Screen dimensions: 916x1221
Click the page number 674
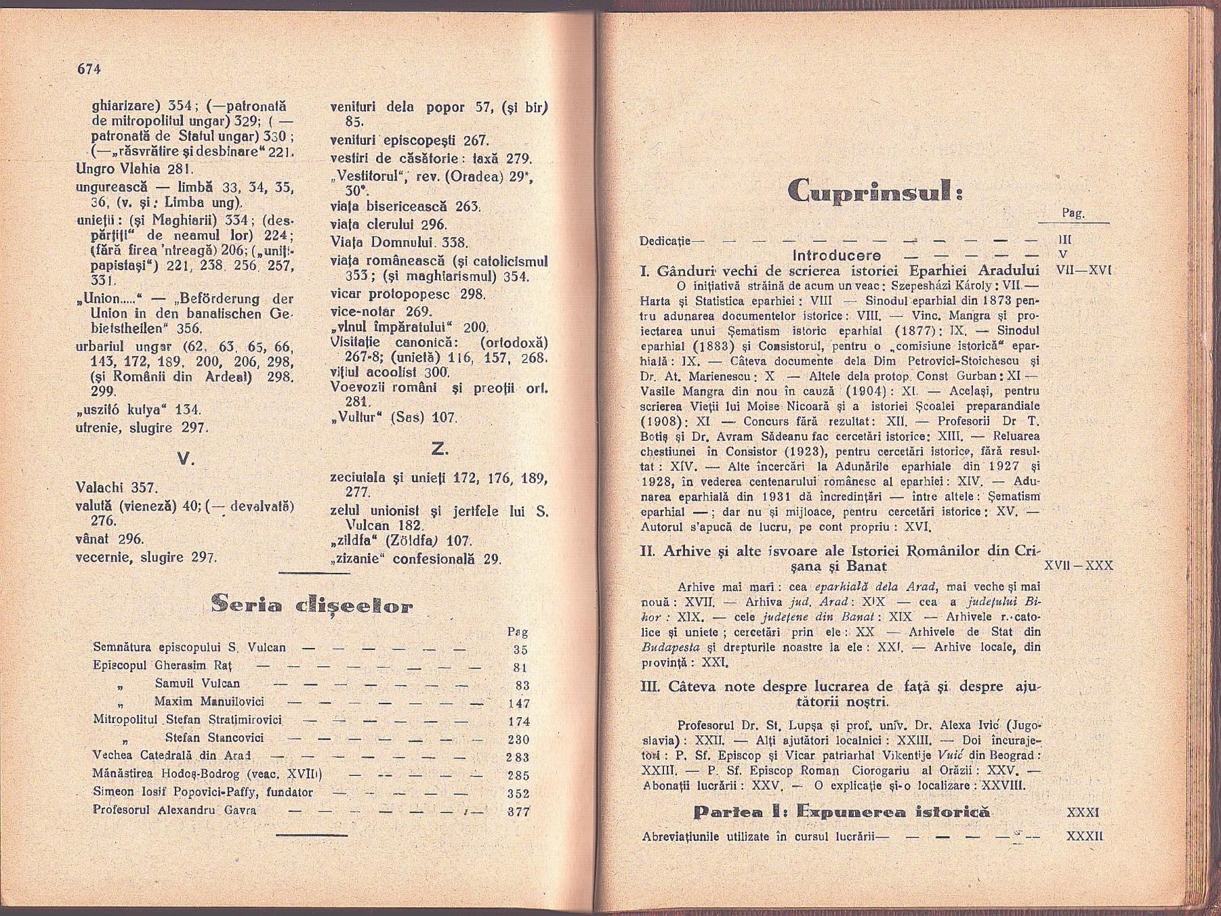pos(88,68)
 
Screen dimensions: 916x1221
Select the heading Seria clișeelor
pos(312,604)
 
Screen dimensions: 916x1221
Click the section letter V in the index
pos(184,458)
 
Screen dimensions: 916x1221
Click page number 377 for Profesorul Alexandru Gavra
pos(518,811)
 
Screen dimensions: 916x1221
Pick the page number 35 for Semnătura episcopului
pos(520,650)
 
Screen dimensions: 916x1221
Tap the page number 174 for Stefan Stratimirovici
pos(518,722)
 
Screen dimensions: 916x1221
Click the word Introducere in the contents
pos(837,255)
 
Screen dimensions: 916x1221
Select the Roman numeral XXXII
pos(1085,836)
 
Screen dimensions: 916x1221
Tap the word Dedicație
pos(665,240)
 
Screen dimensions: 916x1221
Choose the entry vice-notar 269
pos(380,311)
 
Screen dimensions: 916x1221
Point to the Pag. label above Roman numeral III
pos(1073,213)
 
